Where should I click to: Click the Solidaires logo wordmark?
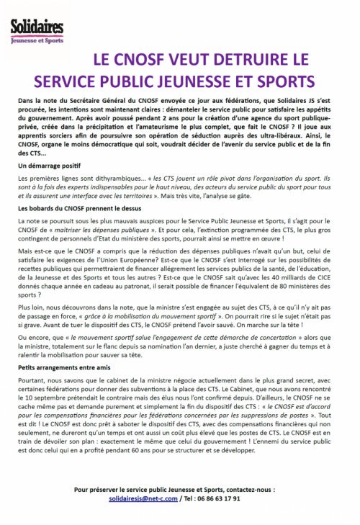point(37,27)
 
